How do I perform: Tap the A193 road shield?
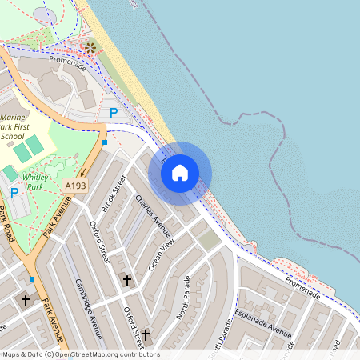(75, 185)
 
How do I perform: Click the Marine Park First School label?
(15, 125)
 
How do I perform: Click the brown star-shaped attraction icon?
(90, 48)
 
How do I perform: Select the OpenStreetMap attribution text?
(81, 354)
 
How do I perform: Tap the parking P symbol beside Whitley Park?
(14, 192)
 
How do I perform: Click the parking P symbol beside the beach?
(114, 113)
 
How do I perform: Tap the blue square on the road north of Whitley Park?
(105, 142)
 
